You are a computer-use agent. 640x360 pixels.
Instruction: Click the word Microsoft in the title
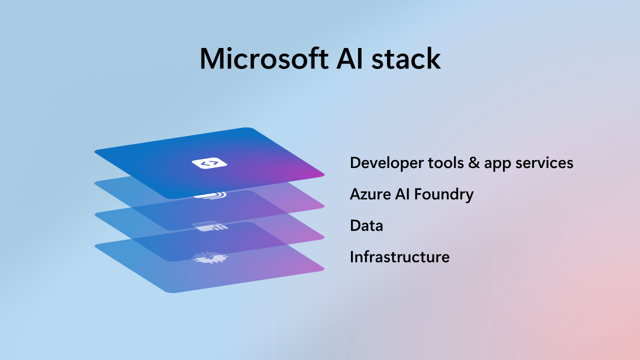[x=264, y=58]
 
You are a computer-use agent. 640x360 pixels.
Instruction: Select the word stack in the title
[x=406, y=58]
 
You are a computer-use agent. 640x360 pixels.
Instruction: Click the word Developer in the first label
[x=387, y=163]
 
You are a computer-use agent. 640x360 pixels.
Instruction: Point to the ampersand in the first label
[x=473, y=162]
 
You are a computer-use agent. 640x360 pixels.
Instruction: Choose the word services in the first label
[x=544, y=162]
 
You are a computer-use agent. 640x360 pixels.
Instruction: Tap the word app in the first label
[x=497, y=164]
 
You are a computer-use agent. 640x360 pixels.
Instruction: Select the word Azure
[x=370, y=194]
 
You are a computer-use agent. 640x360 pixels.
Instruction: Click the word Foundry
[x=443, y=195]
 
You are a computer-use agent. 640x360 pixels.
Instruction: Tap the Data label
[x=366, y=225]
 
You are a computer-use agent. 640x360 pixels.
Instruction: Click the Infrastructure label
[x=399, y=256]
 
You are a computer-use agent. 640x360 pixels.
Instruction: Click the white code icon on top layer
[x=209, y=163]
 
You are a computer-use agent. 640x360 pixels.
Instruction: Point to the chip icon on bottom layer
[x=210, y=257]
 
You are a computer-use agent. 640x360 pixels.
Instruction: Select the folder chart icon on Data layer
[x=210, y=226]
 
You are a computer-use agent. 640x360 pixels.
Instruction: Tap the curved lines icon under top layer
[x=210, y=195]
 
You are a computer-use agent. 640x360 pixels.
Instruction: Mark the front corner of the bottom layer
[x=173, y=292]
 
